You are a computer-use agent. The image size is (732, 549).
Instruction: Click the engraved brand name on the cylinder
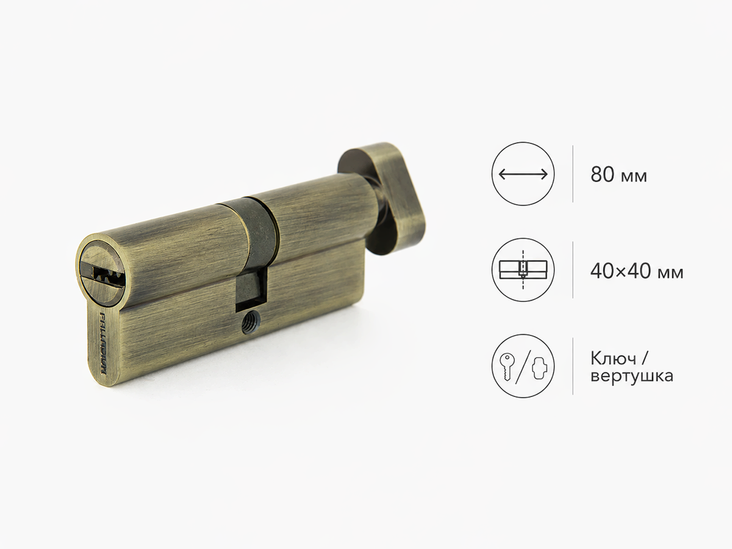pyautogui.click(x=102, y=343)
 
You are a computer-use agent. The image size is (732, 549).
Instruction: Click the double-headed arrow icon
pyautogui.click(x=523, y=174)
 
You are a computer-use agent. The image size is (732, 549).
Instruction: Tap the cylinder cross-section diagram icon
pyautogui.click(x=523, y=270)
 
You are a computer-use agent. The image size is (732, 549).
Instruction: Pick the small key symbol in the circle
pyautogui.click(x=507, y=367)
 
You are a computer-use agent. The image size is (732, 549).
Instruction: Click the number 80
pyautogui.click(x=602, y=174)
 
